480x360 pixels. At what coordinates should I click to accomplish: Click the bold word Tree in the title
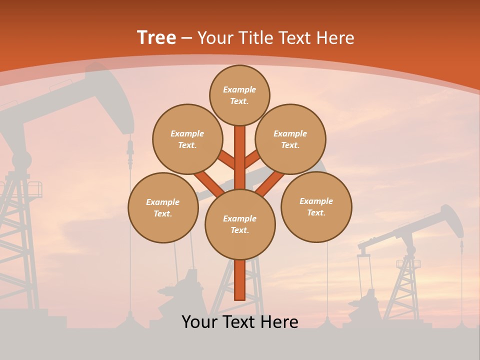point(156,37)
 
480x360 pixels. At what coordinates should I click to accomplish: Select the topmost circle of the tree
point(239,95)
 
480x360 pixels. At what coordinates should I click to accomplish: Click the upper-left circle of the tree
point(187,139)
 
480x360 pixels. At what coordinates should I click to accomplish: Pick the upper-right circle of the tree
point(290,139)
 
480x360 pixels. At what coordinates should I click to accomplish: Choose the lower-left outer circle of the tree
point(163,207)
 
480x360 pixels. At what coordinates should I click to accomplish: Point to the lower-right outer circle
point(316,206)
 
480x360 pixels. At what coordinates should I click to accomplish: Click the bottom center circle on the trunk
point(240,224)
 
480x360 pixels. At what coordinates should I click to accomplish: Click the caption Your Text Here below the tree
point(240,322)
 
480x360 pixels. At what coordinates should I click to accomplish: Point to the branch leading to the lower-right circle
point(271,183)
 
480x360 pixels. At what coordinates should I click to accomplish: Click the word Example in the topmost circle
point(239,89)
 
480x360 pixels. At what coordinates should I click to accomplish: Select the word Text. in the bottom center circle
point(239,230)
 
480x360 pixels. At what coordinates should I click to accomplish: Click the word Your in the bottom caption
point(200,322)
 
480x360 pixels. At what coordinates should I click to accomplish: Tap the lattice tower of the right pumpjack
point(407,285)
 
